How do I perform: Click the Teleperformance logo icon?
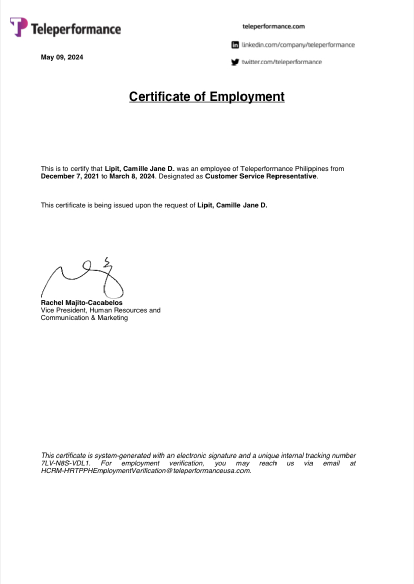coord(19,26)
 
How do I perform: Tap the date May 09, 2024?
coord(62,57)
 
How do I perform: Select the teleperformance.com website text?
coord(273,26)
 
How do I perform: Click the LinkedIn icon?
coord(235,45)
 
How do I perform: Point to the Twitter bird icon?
coord(235,62)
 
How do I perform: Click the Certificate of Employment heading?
coord(206,96)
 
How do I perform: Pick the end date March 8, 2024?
coord(132,177)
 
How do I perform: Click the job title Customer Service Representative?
coord(261,177)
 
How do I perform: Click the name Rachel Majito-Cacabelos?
coord(81,303)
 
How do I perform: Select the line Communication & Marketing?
coord(84,318)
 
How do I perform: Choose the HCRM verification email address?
coord(146,471)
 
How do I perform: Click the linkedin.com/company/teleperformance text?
coord(298,45)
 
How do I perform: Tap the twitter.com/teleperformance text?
coord(282,62)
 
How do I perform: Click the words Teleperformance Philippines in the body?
coord(284,169)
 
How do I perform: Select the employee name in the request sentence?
coord(232,205)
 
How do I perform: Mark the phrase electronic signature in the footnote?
coord(208,456)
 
